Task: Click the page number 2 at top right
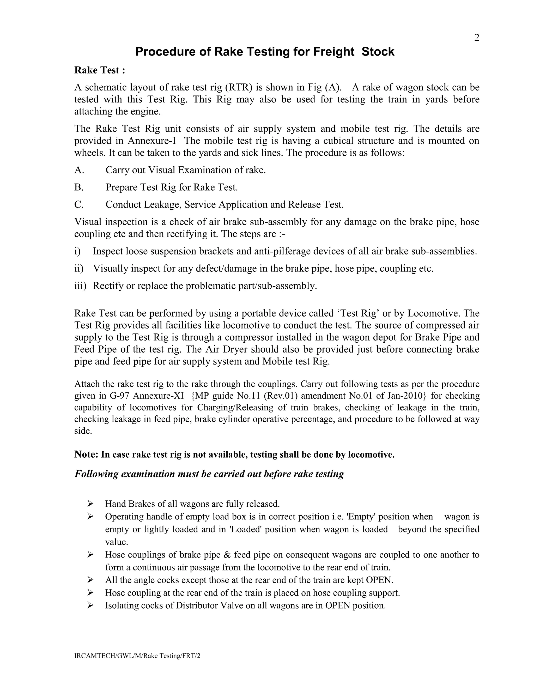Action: (x=477, y=38)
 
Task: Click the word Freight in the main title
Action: (x=334, y=52)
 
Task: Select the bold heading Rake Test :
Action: (x=100, y=70)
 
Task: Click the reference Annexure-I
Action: (x=151, y=141)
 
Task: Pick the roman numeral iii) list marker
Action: (x=80, y=286)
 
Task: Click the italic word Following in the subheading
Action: (x=96, y=474)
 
